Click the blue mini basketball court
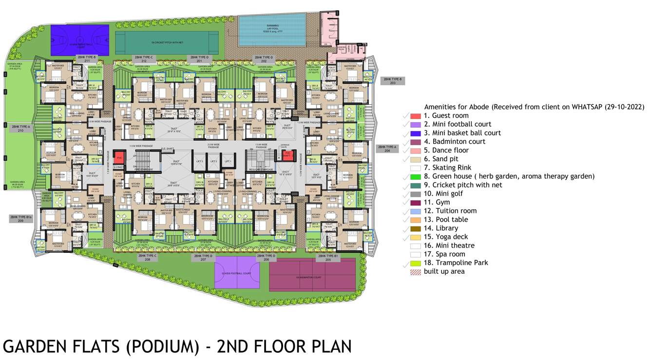(80, 41)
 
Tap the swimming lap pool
(272, 29)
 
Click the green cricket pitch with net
(167, 43)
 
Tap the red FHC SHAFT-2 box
(287, 155)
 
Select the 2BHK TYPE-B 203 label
(392, 81)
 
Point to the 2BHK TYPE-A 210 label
(21, 129)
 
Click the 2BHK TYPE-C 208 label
(148, 258)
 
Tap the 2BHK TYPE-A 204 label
(387, 149)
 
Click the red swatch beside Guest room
(415, 116)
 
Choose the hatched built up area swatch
(415, 272)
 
